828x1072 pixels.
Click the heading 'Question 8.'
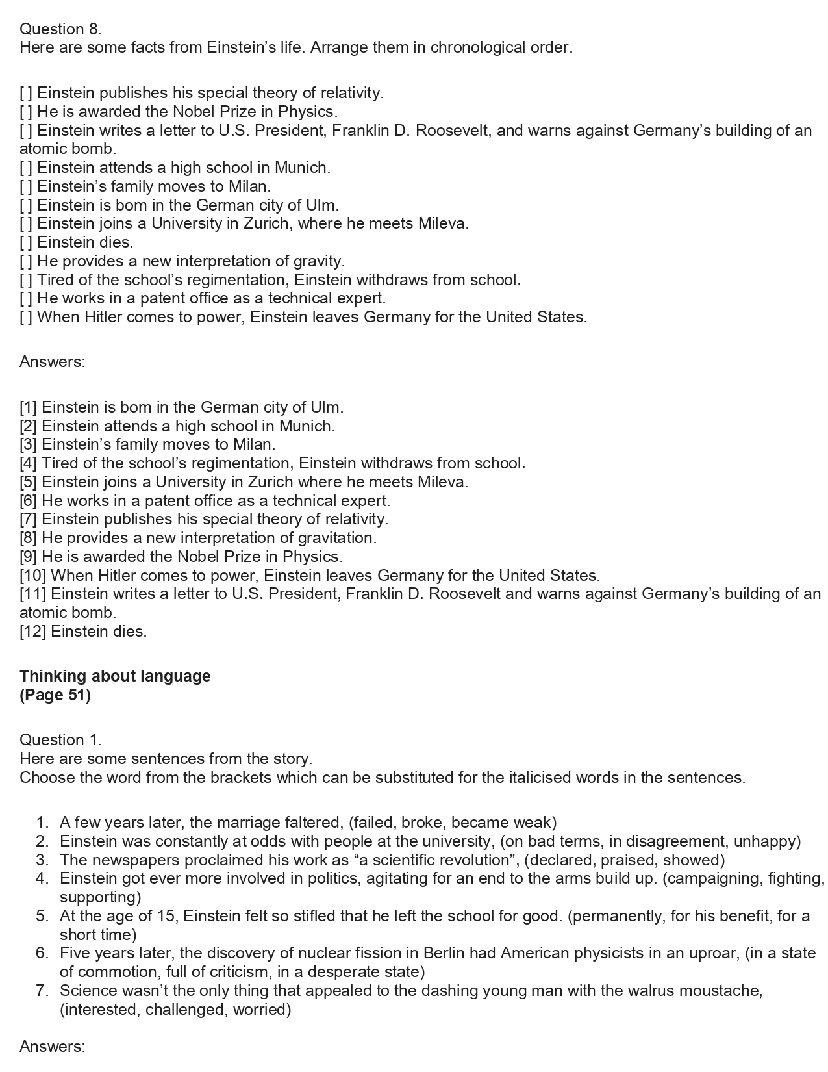click(60, 29)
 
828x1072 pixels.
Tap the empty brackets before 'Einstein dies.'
click(26, 242)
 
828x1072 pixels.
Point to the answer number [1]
click(29, 407)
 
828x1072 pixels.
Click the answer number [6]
click(29, 501)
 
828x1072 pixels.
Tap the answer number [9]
click(29, 557)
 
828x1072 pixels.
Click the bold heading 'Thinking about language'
click(115, 676)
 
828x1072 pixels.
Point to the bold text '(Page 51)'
click(55, 695)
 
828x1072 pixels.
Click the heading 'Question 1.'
click(60, 739)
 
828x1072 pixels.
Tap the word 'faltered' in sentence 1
click(316, 823)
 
